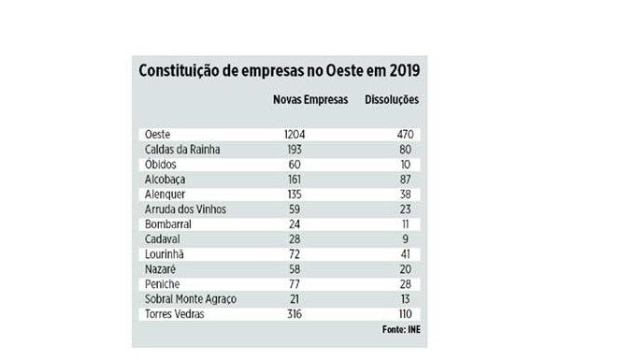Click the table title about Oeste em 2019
(x=280, y=71)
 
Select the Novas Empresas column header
(x=308, y=98)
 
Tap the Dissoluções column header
(x=391, y=98)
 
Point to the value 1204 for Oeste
(x=295, y=135)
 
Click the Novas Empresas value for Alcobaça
(x=295, y=180)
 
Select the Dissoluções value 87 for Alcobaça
(x=404, y=180)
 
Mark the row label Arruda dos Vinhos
(x=186, y=209)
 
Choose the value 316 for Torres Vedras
(x=295, y=313)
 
